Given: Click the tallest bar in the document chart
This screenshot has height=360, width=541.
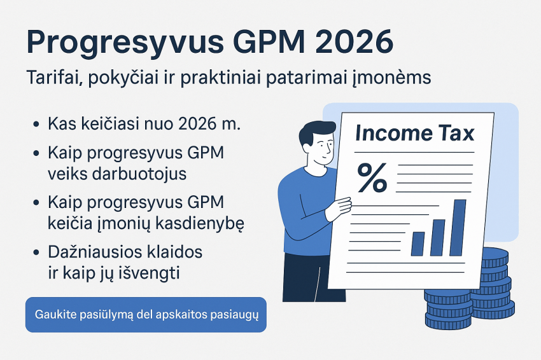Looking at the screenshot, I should [458, 227].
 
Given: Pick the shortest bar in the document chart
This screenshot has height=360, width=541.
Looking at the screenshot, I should [418, 243].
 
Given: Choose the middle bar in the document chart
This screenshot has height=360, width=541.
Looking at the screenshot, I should [438, 237].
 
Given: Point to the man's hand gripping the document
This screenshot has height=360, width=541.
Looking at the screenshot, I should [338, 207].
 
